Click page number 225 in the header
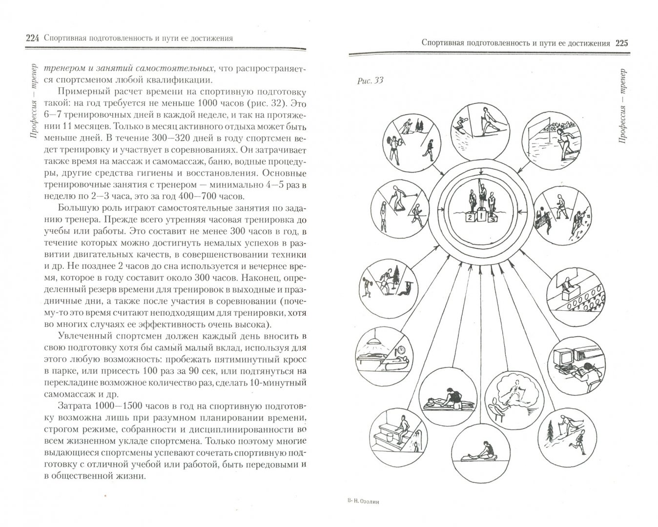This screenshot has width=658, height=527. pyautogui.click(x=621, y=43)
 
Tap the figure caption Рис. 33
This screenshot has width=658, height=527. pyautogui.click(x=370, y=81)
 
